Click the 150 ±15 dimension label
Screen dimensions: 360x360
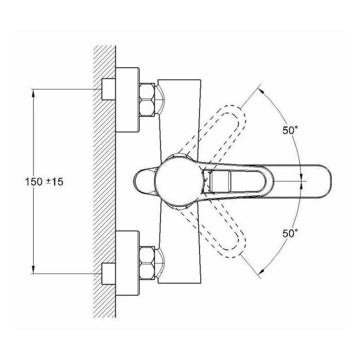pos(44,182)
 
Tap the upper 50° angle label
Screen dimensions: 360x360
pos(290,130)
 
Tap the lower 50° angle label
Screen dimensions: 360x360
pos(290,233)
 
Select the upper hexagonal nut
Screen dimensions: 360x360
pos(147,100)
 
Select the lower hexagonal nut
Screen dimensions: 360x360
pos(147,263)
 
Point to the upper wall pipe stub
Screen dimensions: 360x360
pos(109,89)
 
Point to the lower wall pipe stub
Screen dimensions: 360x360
pos(109,274)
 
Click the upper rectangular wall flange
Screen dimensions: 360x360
pos(128,100)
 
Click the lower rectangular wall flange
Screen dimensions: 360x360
pos(128,263)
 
